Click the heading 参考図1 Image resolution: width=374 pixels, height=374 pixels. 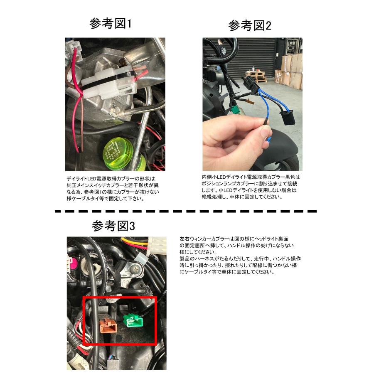[111, 24]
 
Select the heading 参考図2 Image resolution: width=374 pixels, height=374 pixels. [249, 26]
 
